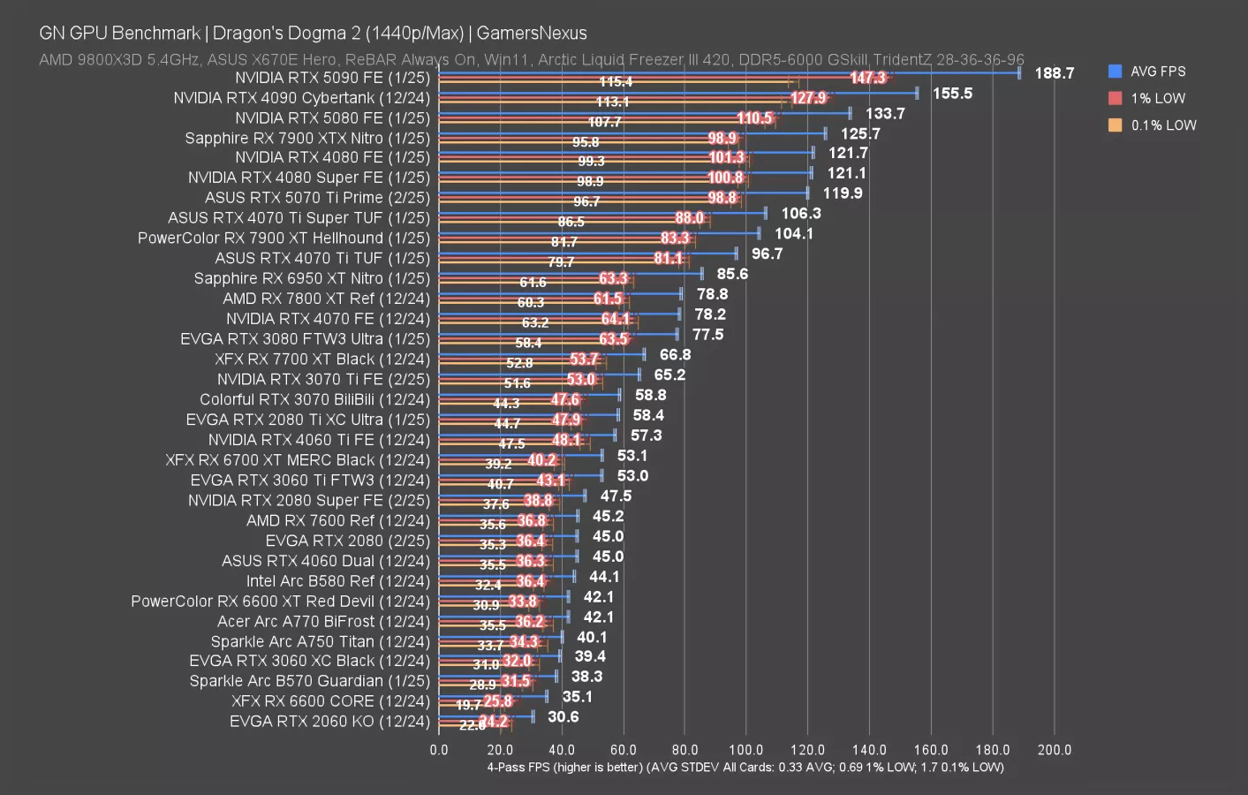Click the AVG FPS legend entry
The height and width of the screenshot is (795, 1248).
click(1157, 72)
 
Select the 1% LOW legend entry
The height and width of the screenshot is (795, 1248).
click(1157, 98)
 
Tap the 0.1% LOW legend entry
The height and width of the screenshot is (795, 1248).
click(1162, 125)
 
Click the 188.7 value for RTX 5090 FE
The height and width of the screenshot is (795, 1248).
click(1054, 73)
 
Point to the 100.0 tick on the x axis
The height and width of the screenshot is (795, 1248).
click(746, 750)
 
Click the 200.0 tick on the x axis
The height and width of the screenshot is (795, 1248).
click(1054, 750)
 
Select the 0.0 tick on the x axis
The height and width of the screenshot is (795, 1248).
click(439, 750)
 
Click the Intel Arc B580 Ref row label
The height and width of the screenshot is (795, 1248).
click(337, 581)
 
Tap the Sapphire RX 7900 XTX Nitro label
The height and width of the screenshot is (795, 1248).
click(307, 138)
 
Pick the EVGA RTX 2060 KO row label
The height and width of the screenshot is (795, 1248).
click(329, 722)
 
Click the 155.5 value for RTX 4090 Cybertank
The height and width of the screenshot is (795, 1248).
click(952, 94)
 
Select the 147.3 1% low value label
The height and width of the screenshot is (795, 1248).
click(867, 78)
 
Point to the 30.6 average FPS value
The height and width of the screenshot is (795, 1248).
click(563, 717)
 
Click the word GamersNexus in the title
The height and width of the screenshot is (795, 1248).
click(532, 34)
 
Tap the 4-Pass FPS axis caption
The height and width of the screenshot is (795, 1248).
click(745, 767)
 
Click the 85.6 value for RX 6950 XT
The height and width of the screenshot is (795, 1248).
click(732, 274)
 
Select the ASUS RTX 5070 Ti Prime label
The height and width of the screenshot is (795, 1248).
click(317, 198)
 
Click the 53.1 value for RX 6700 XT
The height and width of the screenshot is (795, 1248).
click(632, 456)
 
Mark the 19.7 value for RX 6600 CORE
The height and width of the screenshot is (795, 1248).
click(468, 705)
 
